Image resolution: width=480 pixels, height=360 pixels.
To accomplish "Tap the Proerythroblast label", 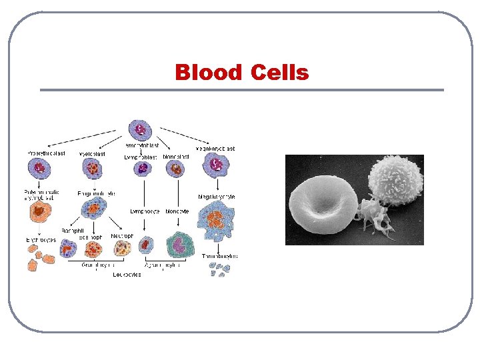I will coord(46,153).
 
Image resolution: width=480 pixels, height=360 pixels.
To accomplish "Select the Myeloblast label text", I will coord(92,153).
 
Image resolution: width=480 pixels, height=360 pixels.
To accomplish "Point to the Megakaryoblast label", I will coord(215,149).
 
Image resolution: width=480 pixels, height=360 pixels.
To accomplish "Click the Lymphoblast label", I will coord(141,157).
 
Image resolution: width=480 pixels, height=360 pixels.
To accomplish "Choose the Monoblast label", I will coord(176,157).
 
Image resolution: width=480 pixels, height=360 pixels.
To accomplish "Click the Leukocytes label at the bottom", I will coord(126,275).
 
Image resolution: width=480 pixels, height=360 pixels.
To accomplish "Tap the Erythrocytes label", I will coord(42,238).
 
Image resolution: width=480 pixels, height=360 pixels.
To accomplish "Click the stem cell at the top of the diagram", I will coord(140,129).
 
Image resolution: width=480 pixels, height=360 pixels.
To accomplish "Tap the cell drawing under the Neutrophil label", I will coord(122,248).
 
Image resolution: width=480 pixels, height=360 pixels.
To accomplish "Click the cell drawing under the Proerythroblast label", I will coord(41,167).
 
